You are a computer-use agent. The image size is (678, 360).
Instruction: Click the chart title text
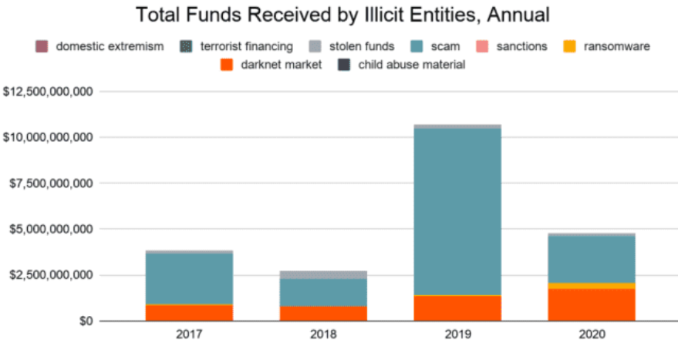point(339,15)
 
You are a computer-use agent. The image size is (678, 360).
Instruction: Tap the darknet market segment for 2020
point(592,304)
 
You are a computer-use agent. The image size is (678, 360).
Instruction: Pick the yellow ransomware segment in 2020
point(592,286)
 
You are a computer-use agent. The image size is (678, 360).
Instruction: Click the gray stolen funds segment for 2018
point(323,274)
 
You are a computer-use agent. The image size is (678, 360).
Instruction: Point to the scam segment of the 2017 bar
point(189,278)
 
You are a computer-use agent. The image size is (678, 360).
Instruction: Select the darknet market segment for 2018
point(323,313)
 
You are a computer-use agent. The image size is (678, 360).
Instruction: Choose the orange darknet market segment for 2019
point(457,308)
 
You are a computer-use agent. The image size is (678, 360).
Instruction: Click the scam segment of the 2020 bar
point(592,259)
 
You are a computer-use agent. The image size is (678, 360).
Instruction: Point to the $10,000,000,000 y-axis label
point(49,137)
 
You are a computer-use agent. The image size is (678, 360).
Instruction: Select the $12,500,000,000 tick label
point(49,92)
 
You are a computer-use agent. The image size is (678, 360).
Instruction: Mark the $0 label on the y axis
point(81,321)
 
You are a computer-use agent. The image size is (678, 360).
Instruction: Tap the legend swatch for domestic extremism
point(42,46)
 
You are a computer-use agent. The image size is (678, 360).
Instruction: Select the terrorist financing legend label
point(246,46)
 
